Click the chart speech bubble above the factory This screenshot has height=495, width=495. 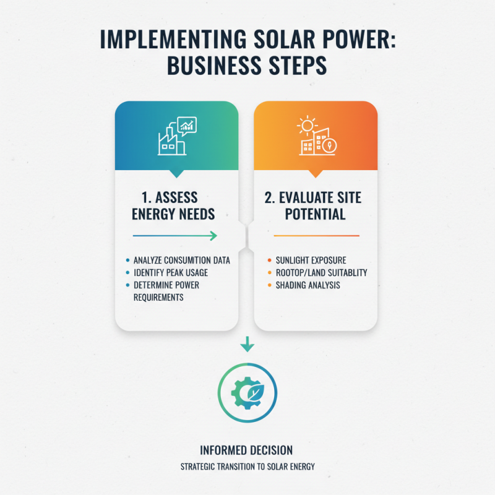(x=186, y=126)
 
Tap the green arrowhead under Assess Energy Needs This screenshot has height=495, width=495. (x=212, y=236)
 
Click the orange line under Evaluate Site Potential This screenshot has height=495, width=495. (x=316, y=236)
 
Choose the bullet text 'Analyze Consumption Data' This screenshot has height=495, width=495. (x=181, y=260)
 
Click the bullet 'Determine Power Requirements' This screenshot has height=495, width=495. (x=167, y=291)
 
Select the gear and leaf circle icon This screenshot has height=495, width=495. (x=247, y=391)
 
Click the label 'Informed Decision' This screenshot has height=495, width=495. (x=247, y=450)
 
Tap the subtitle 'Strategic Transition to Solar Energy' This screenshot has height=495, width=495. (x=247, y=467)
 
